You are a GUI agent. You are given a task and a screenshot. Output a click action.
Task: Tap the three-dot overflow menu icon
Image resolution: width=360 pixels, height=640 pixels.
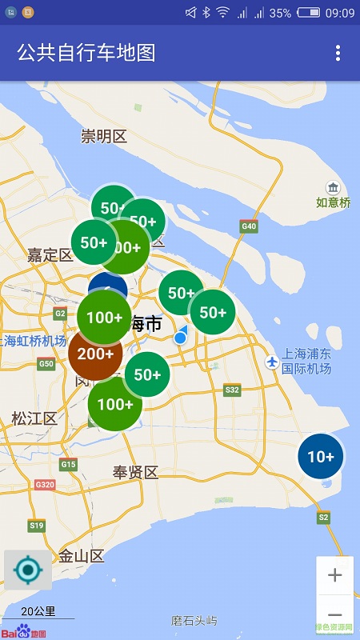[338, 53]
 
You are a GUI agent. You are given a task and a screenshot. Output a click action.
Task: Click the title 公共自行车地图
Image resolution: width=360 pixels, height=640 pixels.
[86, 53]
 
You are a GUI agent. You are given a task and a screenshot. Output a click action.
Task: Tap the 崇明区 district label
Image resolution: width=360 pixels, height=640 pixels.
[104, 136]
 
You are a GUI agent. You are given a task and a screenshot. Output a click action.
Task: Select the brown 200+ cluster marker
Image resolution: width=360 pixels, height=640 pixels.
[95, 353]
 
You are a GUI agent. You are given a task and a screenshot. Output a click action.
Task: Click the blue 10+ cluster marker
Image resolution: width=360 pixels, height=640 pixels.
[321, 457]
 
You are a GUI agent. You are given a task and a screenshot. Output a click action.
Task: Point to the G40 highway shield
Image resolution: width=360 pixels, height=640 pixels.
[249, 226]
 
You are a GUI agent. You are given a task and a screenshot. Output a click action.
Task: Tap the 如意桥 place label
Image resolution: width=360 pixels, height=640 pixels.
[333, 202]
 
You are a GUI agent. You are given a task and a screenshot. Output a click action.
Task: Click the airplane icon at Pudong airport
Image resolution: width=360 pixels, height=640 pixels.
[272, 362]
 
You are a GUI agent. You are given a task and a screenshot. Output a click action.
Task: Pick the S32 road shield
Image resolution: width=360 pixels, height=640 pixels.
[232, 390]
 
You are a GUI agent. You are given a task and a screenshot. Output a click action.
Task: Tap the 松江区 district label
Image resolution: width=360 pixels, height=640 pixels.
[34, 418]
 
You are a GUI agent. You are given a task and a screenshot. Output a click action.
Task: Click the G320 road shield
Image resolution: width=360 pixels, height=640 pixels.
[45, 484]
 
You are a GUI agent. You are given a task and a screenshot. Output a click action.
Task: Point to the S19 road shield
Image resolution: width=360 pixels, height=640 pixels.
[37, 526]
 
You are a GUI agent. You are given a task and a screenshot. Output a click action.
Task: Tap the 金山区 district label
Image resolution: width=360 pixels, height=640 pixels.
[82, 556]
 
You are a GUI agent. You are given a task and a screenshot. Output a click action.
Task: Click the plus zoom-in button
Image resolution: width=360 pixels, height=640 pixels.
[335, 575]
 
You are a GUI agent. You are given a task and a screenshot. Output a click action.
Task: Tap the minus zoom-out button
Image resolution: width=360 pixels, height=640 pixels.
[335, 615]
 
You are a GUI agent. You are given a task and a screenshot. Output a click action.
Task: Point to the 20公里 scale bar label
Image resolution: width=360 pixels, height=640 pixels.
[38, 611]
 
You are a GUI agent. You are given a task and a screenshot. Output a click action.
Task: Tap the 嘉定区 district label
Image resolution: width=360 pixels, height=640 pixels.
[50, 255]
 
